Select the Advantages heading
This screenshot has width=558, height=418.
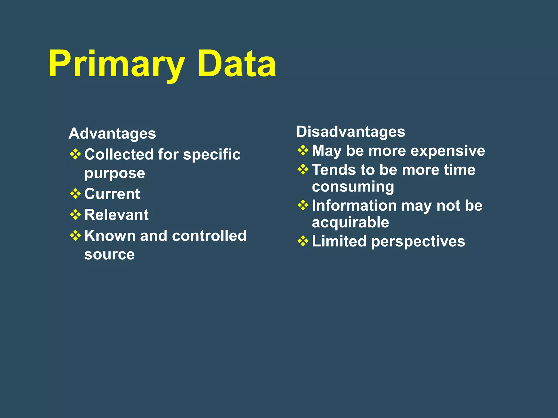112,134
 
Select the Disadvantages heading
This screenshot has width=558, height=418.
350,132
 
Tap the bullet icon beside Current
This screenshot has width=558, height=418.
75,194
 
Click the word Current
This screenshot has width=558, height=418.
112,194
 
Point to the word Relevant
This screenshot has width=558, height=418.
116,215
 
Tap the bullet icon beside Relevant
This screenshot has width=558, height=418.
75,215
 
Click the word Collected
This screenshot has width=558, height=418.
119,155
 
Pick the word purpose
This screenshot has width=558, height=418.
114,174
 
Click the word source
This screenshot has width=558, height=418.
109,254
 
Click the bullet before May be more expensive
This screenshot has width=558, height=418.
303,150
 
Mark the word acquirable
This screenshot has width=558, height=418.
350,223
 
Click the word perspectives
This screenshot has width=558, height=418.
418,242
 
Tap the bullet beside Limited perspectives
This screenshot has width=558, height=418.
303,241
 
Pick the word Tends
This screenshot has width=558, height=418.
333,170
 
